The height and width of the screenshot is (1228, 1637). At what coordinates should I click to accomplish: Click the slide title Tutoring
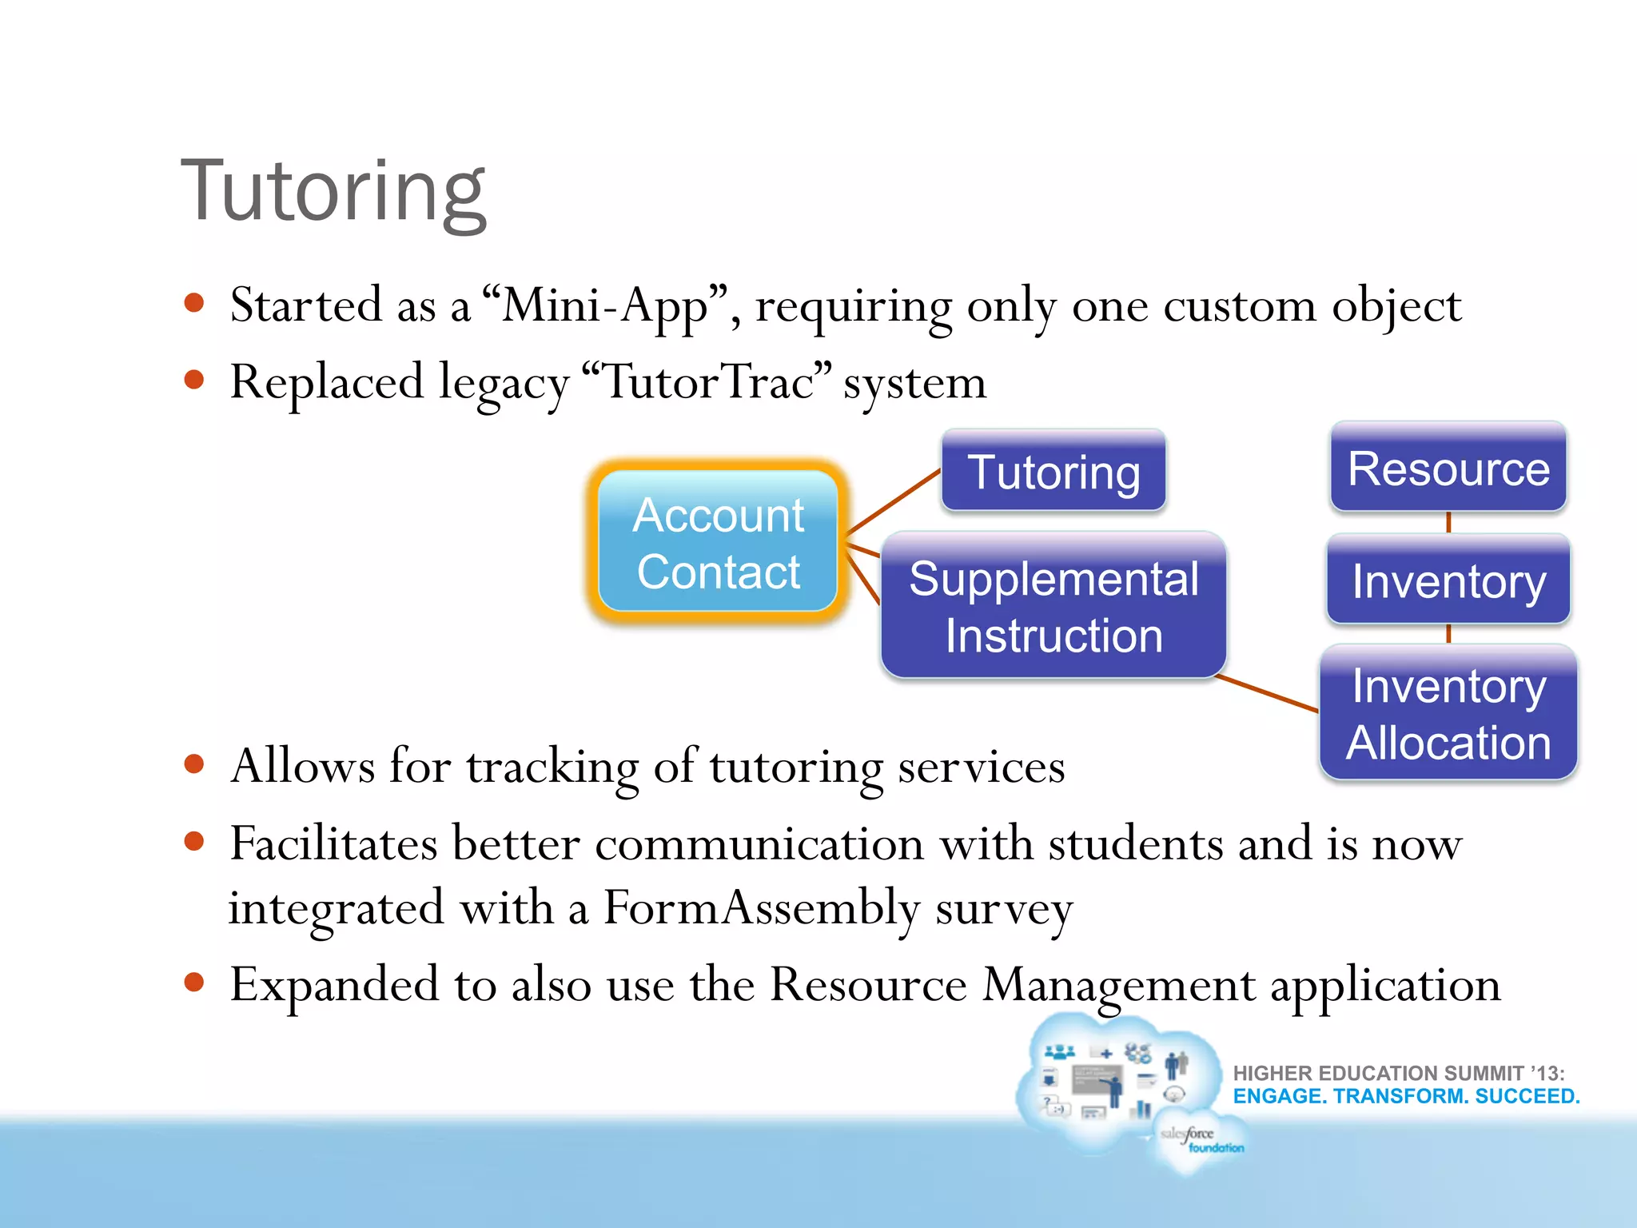[333, 192]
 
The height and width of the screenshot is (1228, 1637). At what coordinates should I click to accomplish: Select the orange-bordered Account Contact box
[718, 543]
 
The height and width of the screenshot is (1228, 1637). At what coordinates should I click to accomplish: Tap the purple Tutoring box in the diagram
[1053, 472]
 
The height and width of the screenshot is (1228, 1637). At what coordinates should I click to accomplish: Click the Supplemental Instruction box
[1053, 606]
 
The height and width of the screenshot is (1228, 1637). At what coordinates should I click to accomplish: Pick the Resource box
[1448, 468]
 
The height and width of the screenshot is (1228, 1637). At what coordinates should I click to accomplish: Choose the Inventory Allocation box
[1448, 713]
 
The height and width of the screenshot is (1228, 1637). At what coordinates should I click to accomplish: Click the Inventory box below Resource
[1448, 580]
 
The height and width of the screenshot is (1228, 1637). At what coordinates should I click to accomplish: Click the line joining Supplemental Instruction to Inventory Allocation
[1267, 692]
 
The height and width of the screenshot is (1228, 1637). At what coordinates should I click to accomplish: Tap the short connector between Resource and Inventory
[1448, 523]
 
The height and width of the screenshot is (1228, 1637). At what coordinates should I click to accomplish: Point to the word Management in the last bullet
[1117, 985]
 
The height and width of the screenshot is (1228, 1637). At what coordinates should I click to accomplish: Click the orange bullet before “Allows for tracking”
[194, 764]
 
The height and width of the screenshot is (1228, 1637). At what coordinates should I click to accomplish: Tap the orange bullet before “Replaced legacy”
[194, 380]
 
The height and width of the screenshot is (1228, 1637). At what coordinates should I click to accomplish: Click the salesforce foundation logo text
[1199, 1139]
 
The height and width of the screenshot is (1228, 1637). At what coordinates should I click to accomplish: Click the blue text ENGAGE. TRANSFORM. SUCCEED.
[1406, 1096]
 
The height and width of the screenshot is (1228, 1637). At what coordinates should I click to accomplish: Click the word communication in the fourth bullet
[759, 844]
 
